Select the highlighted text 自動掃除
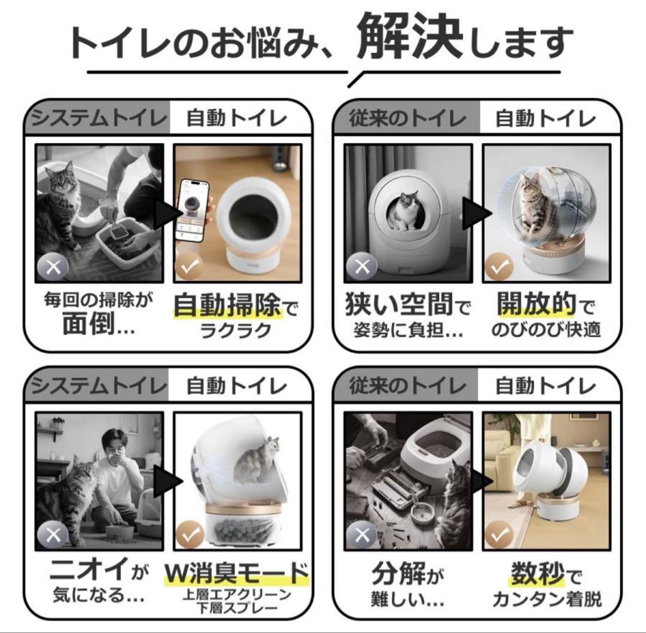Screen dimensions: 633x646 click(x=227, y=307)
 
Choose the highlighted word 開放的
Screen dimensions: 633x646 click(x=537, y=305)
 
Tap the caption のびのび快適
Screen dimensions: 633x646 click(x=545, y=330)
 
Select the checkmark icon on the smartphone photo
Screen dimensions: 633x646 click(x=190, y=267)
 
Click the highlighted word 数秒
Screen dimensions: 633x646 click(x=537, y=574)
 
